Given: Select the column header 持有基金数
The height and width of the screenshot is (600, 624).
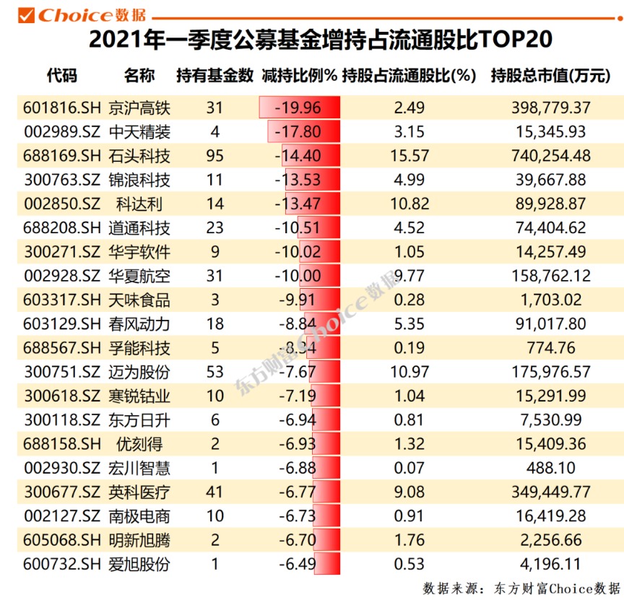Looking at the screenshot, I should (x=214, y=76).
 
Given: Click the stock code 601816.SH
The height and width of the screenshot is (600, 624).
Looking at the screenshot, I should (x=61, y=108).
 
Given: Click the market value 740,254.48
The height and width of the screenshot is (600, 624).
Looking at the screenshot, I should (x=550, y=156).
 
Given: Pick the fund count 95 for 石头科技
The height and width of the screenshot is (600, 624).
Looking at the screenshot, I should (x=214, y=156).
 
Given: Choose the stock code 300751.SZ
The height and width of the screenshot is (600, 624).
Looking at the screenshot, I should (x=61, y=372).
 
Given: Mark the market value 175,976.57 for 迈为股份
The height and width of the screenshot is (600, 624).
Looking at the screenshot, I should (x=550, y=372).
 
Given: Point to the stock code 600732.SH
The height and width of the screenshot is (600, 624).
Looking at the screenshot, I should (x=61, y=564).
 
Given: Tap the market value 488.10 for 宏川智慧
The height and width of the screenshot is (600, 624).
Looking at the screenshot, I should (x=550, y=468).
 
